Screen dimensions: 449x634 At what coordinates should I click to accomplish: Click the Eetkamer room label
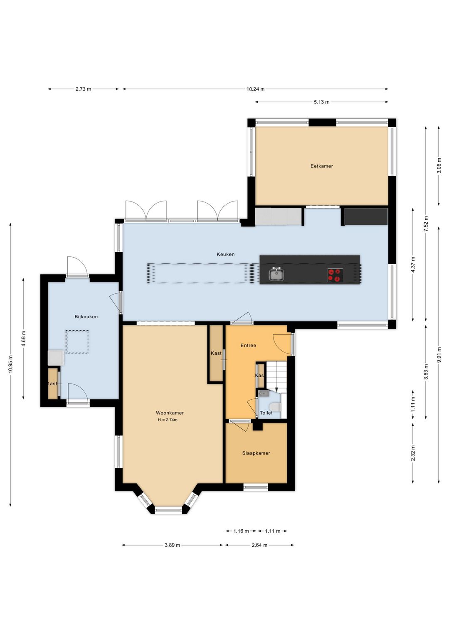321,166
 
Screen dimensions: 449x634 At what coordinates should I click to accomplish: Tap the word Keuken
225,254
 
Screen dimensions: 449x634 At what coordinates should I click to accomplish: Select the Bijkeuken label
86,317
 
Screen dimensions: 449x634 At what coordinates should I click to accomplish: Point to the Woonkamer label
170,413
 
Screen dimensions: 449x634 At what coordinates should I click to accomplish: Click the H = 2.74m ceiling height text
168,420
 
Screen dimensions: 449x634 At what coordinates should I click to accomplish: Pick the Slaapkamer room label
256,453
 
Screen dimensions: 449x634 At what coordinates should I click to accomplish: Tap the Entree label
248,345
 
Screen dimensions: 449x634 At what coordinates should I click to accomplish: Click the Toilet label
266,413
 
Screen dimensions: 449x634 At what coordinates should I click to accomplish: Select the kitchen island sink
276,274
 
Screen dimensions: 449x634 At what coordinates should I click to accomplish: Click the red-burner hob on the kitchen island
335,275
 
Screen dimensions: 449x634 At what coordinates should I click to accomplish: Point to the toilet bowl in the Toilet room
276,407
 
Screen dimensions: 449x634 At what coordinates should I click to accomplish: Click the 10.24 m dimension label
255,89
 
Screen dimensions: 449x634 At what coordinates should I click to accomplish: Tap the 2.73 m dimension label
83,89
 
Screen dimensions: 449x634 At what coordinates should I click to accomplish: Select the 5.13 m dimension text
321,102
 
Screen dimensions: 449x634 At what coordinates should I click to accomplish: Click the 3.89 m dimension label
172,545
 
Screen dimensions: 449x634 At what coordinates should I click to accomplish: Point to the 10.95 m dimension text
11,364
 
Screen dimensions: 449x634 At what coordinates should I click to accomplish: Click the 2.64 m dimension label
259,545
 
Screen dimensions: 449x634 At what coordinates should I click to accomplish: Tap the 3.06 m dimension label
439,166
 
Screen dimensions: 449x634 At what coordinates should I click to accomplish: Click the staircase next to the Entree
277,377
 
